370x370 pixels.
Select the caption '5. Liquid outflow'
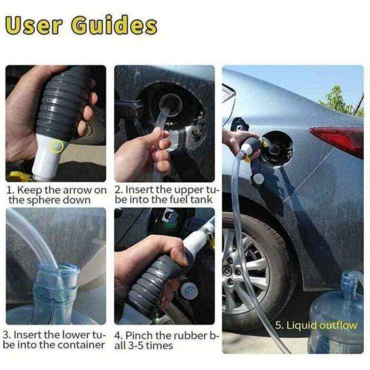[x=316, y=325]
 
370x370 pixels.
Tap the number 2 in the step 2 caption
[x=118, y=190]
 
